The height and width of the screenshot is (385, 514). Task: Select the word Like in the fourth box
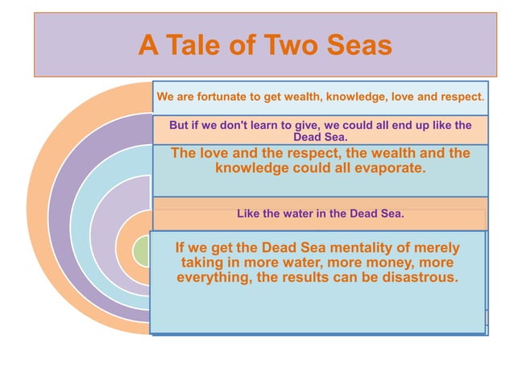249,214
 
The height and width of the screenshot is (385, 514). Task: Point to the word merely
434,247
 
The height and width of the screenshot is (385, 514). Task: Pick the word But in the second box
180,125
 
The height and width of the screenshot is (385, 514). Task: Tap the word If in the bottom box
181,247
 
